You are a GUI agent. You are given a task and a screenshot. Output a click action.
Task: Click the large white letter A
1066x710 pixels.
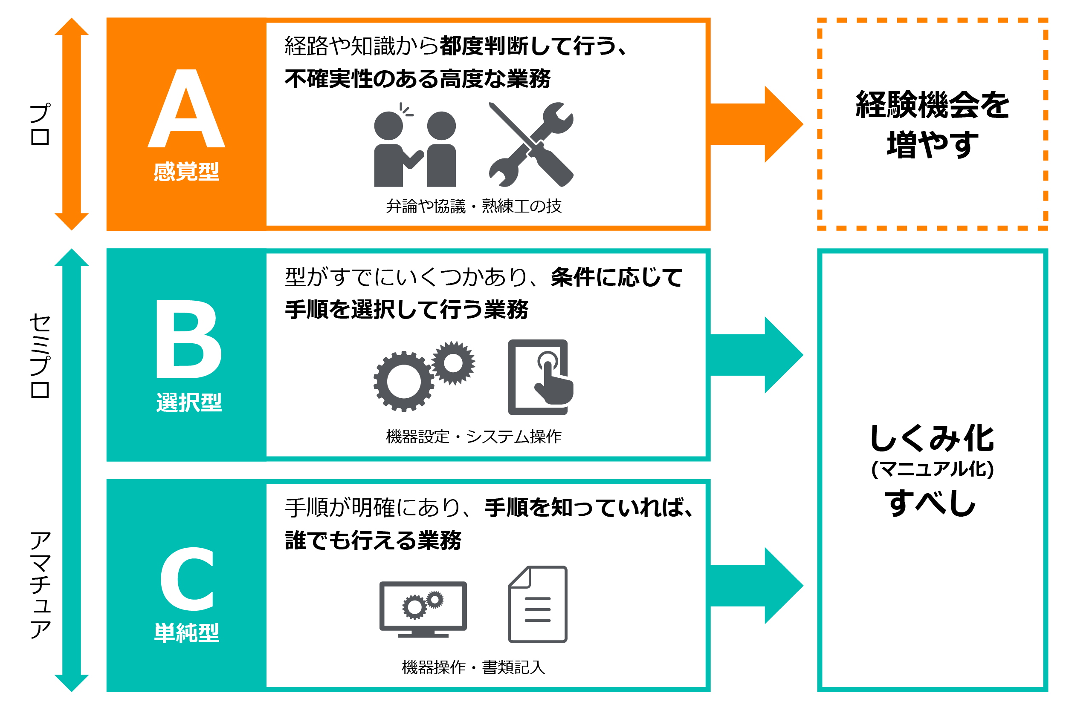click(186, 109)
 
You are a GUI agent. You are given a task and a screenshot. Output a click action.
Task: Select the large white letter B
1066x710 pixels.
click(189, 339)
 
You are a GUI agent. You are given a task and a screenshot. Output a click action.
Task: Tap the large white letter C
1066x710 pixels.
click(187, 578)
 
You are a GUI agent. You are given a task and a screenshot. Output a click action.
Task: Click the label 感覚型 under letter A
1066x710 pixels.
click(186, 172)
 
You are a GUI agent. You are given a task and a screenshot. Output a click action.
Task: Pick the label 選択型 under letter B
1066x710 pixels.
click(189, 402)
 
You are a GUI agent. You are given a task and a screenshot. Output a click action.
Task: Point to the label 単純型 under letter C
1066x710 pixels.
click(186, 632)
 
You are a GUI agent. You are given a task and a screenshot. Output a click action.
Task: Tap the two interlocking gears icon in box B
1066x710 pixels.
click(424, 376)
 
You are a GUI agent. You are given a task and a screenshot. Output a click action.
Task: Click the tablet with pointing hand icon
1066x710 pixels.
click(540, 377)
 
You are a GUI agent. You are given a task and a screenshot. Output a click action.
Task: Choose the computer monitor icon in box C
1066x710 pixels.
click(423, 609)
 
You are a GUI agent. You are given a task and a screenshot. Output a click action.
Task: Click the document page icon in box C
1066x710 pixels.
click(538, 604)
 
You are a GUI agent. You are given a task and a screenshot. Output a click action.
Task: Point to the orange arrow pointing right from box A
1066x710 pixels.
click(756, 124)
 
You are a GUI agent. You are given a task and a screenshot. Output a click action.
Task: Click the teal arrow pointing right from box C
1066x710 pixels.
click(756, 586)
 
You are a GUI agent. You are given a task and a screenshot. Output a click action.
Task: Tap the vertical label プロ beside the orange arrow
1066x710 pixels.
click(40, 124)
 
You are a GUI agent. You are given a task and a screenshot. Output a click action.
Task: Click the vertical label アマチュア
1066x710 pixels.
click(40, 585)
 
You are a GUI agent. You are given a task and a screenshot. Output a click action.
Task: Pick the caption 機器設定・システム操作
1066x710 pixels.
click(474, 437)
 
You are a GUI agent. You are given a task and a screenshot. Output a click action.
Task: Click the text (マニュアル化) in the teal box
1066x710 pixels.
click(932, 469)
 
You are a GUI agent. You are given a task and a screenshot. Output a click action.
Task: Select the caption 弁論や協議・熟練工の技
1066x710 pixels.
click(474, 206)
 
